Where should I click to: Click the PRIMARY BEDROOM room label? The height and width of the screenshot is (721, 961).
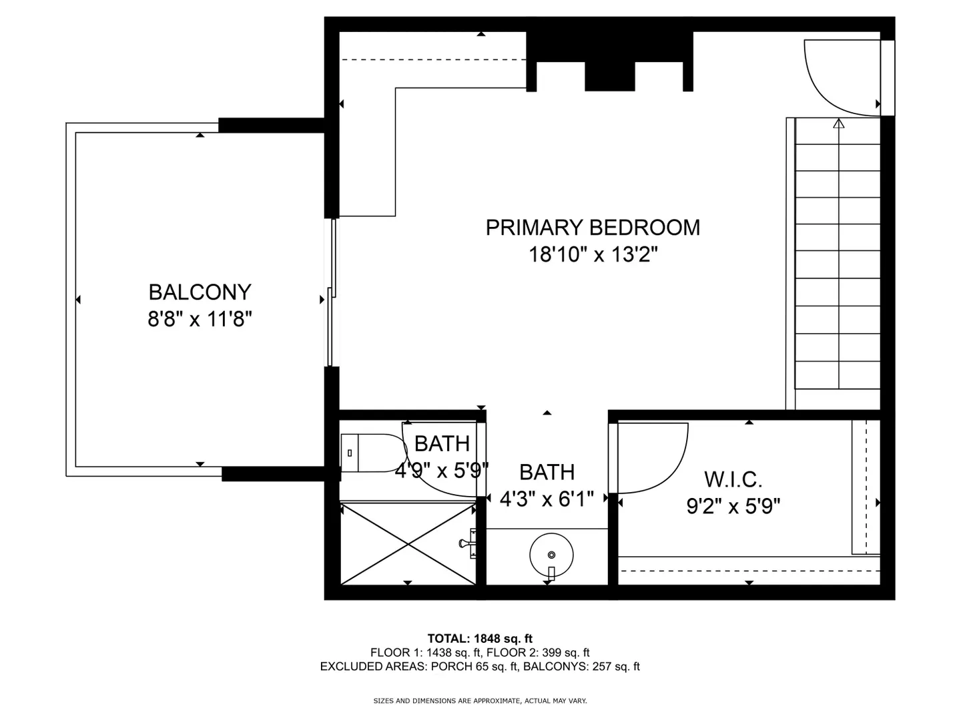tap(593, 228)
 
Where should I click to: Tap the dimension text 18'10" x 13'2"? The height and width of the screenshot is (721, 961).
tap(593, 254)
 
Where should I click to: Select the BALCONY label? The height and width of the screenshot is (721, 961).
tap(200, 292)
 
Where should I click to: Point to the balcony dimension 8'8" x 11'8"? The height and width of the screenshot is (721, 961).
tap(200, 318)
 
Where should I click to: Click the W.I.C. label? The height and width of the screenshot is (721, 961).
tap(733, 479)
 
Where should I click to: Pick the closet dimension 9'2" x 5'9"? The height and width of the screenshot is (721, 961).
tap(733, 506)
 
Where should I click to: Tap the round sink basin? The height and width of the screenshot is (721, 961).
tap(551, 555)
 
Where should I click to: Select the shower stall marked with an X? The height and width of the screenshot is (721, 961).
tap(408, 543)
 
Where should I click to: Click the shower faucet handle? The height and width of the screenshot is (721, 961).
tap(468, 543)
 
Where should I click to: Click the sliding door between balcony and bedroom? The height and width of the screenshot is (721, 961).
tap(332, 292)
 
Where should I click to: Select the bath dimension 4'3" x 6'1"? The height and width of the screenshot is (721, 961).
tap(547, 499)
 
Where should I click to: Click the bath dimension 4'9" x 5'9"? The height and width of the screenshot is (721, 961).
tap(442, 471)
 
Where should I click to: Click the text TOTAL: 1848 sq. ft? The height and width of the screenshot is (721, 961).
tap(480, 639)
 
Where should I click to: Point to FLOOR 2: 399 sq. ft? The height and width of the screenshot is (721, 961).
tap(538, 653)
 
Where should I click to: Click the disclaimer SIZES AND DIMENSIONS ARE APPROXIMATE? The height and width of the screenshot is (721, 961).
tap(446, 701)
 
